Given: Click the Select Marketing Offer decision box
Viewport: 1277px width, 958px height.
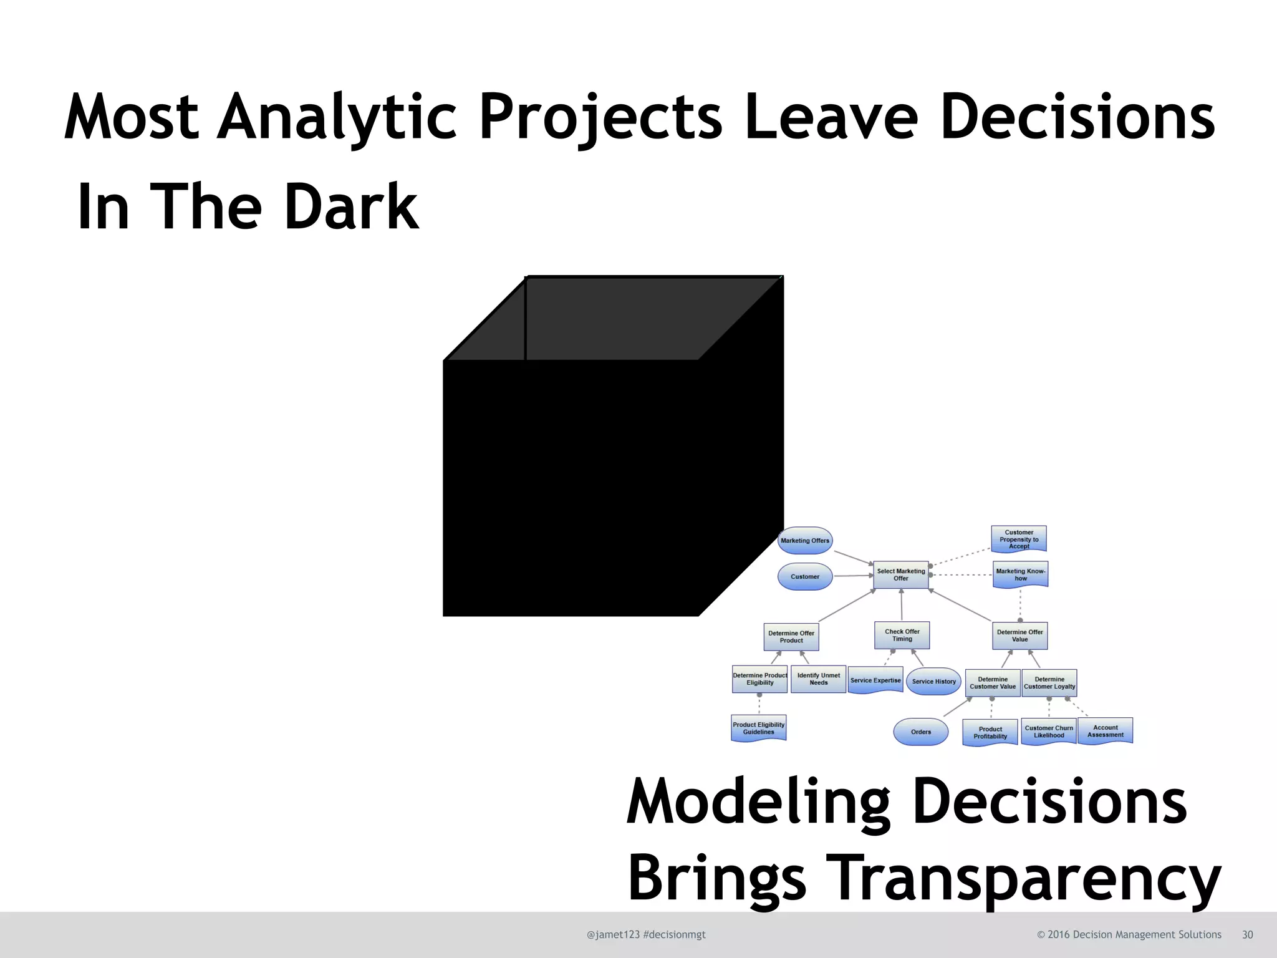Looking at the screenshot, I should click(901, 574).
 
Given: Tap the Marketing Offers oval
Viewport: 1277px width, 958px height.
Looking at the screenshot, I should click(805, 541).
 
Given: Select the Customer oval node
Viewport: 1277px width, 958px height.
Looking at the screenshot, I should click(805, 577).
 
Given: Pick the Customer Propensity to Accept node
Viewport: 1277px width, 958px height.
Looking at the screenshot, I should click(1019, 539).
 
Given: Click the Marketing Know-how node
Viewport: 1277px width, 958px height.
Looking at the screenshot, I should click(1020, 574).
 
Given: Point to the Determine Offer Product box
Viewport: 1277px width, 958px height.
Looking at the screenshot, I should click(791, 637).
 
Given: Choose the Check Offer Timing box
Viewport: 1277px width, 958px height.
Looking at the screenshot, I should click(902, 635).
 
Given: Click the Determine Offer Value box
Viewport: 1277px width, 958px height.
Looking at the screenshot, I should click(1019, 636).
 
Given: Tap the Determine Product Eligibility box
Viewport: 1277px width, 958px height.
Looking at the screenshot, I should click(759, 679).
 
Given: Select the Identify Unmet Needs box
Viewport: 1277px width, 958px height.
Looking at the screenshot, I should click(818, 679).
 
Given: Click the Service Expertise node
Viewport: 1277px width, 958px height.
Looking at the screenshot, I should click(875, 680).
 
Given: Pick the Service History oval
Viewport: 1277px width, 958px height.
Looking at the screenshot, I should click(933, 682).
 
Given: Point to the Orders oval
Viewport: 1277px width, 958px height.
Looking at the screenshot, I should click(921, 732).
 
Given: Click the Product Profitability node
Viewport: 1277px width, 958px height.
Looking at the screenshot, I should click(990, 732).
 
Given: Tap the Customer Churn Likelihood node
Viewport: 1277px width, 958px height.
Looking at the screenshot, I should click(1049, 732).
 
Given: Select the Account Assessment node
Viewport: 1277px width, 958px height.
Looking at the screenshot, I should click(1106, 731).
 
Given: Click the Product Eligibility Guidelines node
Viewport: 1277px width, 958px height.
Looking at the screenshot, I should click(758, 728).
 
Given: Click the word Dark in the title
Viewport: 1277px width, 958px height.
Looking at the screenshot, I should click(351, 207).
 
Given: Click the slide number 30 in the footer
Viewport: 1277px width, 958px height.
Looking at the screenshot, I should click(1247, 934).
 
